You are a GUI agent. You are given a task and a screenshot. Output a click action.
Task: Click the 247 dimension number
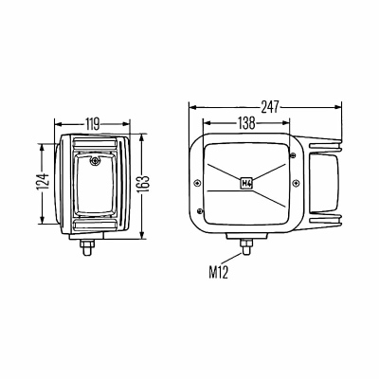(x=270, y=107)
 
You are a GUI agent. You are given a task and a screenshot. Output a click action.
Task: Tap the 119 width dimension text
(x=92, y=124)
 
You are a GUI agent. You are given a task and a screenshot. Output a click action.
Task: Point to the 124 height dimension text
(x=43, y=182)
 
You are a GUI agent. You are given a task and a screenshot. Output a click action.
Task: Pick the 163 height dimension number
(x=144, y=184)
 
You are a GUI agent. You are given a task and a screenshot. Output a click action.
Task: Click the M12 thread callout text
(x=218, y=272)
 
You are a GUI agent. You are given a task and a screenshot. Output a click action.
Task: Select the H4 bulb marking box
(x=246, y=183)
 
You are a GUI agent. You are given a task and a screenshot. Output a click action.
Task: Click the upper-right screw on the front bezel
(x=292, y=155)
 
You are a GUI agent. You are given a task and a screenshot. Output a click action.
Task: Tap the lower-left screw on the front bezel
(x=199, y=210)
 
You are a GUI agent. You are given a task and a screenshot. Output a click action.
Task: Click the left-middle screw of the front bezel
(x=198, y=183)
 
